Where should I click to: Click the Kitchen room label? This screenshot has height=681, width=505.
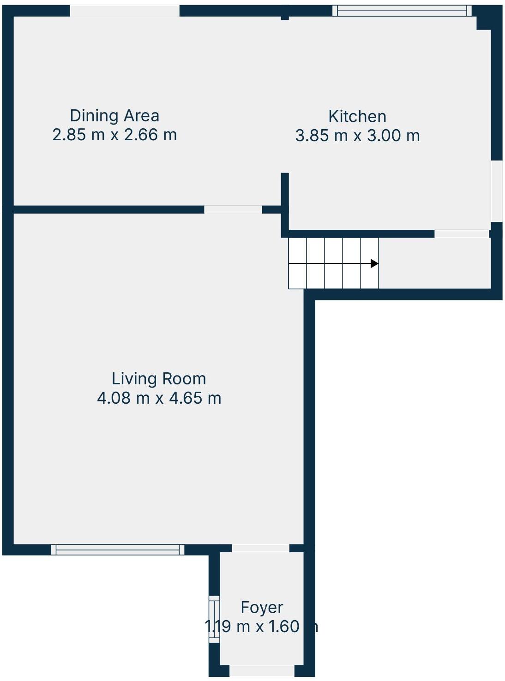point(357,116)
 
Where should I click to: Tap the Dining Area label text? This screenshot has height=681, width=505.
point(114,115)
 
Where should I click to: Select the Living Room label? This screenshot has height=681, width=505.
point(159,379)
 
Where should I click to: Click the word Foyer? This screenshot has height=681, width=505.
point(262,608)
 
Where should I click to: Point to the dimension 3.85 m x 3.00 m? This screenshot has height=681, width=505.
point(357,136)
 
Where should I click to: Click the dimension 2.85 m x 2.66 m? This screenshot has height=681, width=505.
point(114,135)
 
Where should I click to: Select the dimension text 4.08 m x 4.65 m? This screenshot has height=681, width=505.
point(159,398)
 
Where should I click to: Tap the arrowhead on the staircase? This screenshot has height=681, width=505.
point(374,263)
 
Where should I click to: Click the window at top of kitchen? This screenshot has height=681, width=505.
point(402,10)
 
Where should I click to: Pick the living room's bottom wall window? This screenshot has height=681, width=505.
point(118,549)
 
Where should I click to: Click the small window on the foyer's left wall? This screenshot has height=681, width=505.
point(214,619)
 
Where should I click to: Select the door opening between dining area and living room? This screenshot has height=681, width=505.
point(233,209)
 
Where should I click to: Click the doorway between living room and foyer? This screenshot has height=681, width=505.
point(260,548)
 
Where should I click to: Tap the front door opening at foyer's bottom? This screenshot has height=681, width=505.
point(262,671)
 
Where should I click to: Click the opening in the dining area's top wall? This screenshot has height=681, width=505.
point(125,11)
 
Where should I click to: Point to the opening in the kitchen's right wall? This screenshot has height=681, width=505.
point(496,191)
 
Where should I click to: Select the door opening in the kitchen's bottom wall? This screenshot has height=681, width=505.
point(462,234)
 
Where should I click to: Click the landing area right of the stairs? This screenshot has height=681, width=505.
point(434,263)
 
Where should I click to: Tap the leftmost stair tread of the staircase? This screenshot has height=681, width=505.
point(297,263)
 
